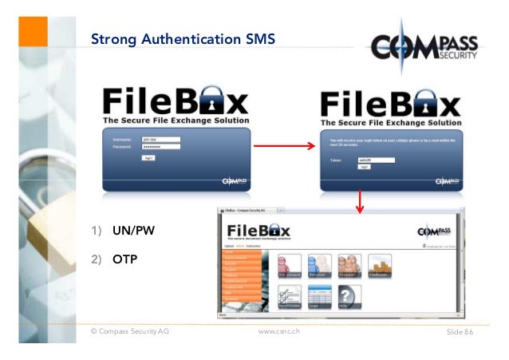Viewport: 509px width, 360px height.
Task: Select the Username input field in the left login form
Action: [160, 140]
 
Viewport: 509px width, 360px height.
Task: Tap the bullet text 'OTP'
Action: [125, 258]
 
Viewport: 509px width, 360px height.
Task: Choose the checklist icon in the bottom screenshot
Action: [290, 298]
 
